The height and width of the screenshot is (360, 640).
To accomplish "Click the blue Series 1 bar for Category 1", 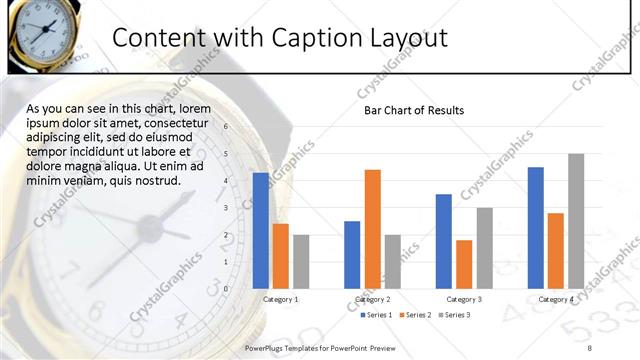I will click(261, 230).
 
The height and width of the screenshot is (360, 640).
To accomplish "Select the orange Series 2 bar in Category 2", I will click(373, 228).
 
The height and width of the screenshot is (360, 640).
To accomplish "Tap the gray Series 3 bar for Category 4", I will click(576, 220).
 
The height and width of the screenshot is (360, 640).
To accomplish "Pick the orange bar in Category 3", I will click(464, 263).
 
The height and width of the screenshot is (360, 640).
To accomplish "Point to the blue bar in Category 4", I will click(536, 227).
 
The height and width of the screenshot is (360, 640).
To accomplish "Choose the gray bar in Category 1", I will click(301, 261).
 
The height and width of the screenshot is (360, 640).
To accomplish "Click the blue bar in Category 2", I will click(352, 254).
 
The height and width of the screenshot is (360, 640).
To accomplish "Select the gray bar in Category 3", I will click(484, 247).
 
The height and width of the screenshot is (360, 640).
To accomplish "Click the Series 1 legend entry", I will click(376, 316).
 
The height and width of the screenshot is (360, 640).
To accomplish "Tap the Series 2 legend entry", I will click(415, 316).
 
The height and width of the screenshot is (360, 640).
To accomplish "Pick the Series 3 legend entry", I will click(454, 316).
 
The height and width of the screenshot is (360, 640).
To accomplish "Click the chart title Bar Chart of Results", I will click(414, 110).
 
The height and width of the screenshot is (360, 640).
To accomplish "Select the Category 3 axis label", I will click(464, 299).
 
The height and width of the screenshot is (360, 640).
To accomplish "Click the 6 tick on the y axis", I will click(226, 127).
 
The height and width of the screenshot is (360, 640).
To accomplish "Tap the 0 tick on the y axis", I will click(226, 288).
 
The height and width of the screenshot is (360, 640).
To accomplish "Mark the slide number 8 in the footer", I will click(590, 346).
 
